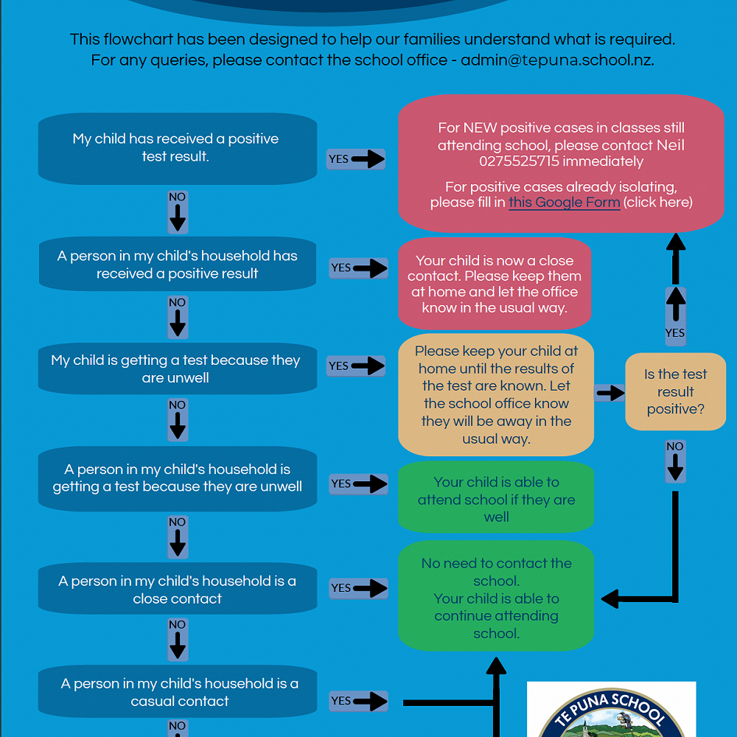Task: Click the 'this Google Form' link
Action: pyautogui.click(x=565, y=202)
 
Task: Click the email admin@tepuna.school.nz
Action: pyautogui.click(x=556, y=60)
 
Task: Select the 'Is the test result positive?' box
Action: pyautogui.click(x=675, y=391)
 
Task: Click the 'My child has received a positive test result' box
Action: pyautogui.click(x=177, y=147)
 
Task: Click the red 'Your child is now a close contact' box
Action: pyautogui.click(x=495, y=284)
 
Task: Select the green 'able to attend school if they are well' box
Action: pyautogui.click(x=496, y=499)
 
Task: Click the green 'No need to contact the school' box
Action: pyautogui.click(x=496, y=598)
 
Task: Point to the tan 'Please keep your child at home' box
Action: pyautogui.click(x=496, y=394)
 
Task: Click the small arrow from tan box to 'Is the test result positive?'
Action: pyautogui.click(x=610, y=393)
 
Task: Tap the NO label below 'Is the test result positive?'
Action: pyautogui.click(x=674, y=447)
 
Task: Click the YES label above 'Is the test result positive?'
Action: pyautogui.click(x=674, y=333)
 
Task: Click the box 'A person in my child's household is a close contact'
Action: pyautogui.click(x=177, y=590)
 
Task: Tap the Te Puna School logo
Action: pyautogui.click(x=611, y=711)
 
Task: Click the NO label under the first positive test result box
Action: pyautogui.click(x=178, y=198)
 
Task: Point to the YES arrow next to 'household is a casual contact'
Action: pyautogui.click(x=358, y=701)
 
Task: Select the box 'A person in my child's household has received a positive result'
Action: pyautogui.click(x=177, y=265)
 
